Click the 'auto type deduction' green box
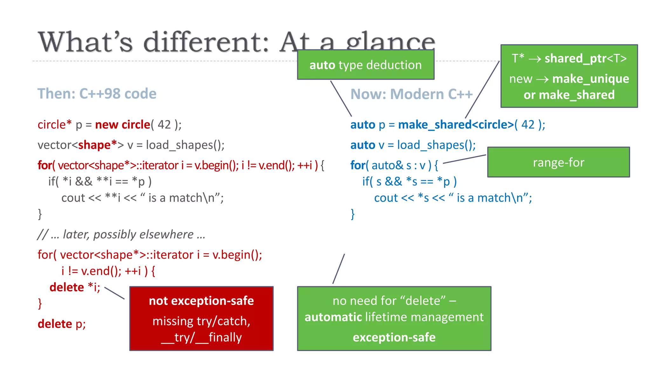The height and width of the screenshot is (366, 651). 366,65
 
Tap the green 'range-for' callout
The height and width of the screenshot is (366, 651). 558,162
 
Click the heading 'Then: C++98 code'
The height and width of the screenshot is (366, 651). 97,94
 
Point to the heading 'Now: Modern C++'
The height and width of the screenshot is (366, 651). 411,94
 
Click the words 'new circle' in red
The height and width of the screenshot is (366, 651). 122,125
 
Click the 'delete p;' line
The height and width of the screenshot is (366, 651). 62,324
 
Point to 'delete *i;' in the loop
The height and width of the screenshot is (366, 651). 75,287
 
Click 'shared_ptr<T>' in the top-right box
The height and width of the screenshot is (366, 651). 586,58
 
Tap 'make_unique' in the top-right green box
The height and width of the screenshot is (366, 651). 591,78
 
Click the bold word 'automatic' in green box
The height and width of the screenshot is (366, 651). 333,317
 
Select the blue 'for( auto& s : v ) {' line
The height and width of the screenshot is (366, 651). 394,165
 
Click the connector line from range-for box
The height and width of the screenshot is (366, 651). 464,159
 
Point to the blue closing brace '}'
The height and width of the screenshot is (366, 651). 353,214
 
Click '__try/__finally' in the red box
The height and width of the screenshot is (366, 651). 201,337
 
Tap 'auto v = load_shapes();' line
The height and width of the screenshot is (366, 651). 413,145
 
